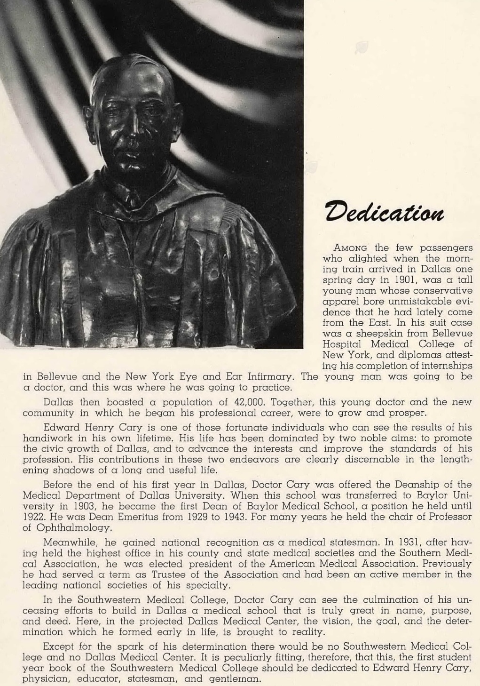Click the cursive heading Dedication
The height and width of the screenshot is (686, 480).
coord(384,212)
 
